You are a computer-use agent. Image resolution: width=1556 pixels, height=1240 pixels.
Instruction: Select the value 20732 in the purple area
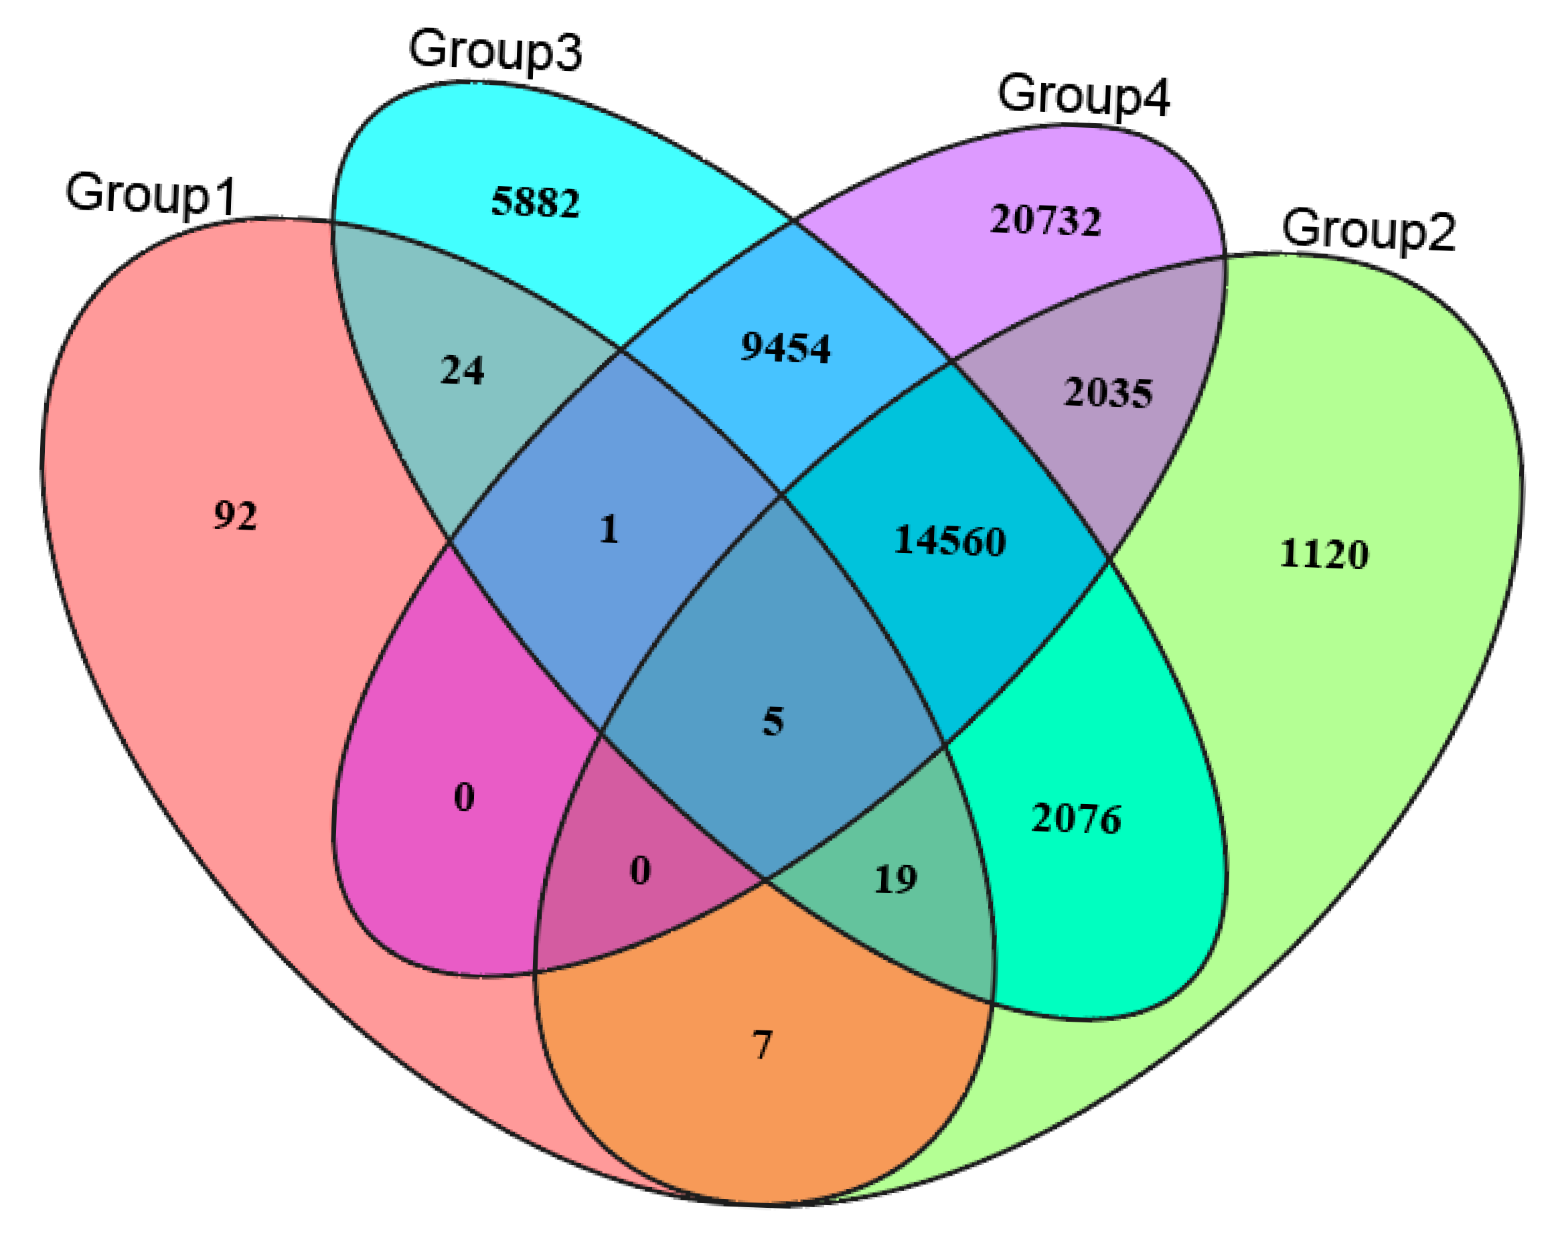coord(1044,220)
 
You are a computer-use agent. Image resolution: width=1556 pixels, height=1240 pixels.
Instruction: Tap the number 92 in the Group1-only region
coord(235,516)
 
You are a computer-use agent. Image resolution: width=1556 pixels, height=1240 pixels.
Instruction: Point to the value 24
coord(462,371)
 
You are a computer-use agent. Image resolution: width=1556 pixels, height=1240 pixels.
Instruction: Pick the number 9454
coord(785,348)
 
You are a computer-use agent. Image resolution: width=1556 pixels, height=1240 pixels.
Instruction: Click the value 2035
coord(1108,394)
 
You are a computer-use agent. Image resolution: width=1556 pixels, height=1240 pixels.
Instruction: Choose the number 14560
coord(949,540)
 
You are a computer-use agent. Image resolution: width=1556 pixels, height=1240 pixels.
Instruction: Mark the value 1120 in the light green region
coord(1323,555)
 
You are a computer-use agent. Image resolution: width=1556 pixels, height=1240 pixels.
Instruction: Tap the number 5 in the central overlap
coord(773,721)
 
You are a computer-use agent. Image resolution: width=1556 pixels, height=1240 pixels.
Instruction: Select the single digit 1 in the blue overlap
coord(609,529)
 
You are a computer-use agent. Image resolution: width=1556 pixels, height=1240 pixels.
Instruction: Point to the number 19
coord(895,879)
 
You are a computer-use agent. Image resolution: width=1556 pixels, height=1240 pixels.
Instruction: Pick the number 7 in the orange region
coord(762,1044)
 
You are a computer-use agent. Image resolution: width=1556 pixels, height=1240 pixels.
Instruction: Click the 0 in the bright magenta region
coord(464,797)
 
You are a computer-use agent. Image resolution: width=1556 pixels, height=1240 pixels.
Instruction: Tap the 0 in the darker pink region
coord(640,871)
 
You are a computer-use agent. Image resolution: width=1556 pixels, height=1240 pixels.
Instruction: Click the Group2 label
coord(1369,231)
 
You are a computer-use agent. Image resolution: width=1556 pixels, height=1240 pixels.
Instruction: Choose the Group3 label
coord(495,50)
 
